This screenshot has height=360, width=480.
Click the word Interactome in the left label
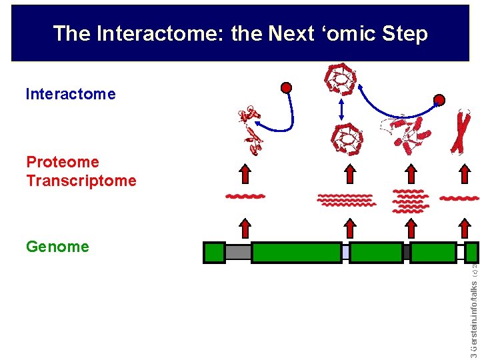[x=70, y=94]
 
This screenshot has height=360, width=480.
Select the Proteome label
[x=63, y=162]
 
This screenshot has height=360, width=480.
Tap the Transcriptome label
[x=81, y=181]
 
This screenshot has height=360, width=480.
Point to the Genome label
[x=57, y=247]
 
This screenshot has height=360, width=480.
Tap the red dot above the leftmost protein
[x=286, y=87]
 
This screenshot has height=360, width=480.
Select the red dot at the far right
[x=439, y=101]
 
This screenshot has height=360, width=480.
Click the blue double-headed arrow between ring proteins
[x=342, y=110]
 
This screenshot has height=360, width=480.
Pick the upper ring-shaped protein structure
[x=341, y=80]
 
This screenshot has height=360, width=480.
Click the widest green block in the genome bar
[x=296, y=253]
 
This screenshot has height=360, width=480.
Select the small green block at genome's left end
[x=214, y=253]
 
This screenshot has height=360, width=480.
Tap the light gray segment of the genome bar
[x=238, y=253]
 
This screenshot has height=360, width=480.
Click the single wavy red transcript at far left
[x=245, y=197]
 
